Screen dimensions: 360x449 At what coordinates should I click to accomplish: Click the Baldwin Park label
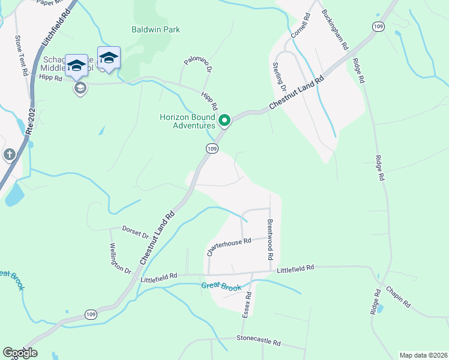(155, 29)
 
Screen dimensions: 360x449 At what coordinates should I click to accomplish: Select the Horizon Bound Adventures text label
(186, 121)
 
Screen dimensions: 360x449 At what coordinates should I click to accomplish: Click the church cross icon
(9, 155)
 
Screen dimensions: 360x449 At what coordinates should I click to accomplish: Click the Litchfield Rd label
(58, 28)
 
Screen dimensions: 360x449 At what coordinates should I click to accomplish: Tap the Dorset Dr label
(135, 232)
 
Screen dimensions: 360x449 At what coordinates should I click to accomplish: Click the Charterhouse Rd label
(228, 246)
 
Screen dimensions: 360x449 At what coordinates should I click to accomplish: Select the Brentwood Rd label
(270, 239)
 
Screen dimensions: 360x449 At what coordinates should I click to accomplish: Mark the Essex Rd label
(247, 303)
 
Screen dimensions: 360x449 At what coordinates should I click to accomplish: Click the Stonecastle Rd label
(258, 340)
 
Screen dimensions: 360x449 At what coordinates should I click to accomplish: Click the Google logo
(20, 353)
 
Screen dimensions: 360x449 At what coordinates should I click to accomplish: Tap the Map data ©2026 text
(423, 355)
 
